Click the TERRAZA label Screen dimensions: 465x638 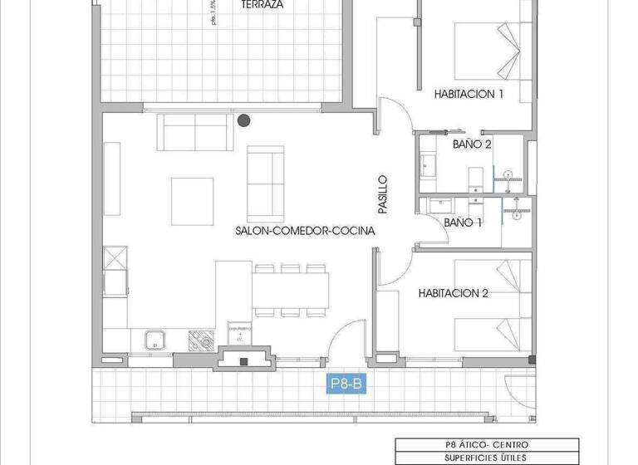(262, 5)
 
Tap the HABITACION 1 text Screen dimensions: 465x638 (469, 95)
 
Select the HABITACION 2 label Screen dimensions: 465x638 (453, 293)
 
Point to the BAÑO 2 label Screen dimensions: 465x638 (472, 144)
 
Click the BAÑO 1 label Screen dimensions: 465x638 (464, 223)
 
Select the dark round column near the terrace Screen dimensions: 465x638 (243, 120)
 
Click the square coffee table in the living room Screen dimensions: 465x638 (192, 201)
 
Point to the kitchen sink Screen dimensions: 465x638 (154, 340)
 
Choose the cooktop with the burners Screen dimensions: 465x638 (200, 339)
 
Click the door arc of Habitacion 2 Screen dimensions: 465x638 (390, 268)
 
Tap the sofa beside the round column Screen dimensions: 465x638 (193, 132)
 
